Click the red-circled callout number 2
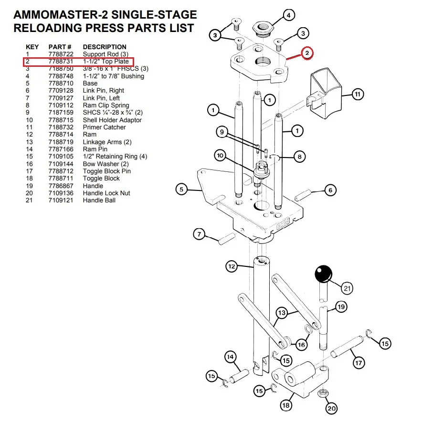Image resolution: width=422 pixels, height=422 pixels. click(307, 53)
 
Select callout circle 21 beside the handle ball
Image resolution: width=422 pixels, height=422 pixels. click(347, 288)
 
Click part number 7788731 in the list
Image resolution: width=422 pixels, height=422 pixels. click(60, 62)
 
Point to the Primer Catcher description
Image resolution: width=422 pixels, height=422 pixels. click(104, 127)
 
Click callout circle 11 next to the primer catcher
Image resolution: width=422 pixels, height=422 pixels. click(358, 95)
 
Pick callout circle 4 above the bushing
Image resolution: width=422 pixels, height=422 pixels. click(288, 16)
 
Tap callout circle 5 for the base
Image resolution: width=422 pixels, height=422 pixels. click(181, 190)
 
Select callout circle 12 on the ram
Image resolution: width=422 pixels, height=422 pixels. click(232, 266)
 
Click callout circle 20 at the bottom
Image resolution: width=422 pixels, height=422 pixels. click(331, 408)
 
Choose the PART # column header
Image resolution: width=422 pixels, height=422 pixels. click(60, 47)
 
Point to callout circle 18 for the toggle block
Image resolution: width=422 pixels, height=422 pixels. click(285, 406)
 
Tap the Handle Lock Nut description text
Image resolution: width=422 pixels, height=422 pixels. click(106, 193)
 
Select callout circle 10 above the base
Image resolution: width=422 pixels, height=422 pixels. click(220, 155)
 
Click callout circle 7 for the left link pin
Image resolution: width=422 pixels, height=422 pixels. click(199, 234)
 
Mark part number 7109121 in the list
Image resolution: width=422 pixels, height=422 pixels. click(60, 200)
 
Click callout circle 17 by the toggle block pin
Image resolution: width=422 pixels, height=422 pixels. click(359, 363)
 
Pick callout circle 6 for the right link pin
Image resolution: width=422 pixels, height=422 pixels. click(330, 190)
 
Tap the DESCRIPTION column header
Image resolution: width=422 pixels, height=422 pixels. click(105, 47)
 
